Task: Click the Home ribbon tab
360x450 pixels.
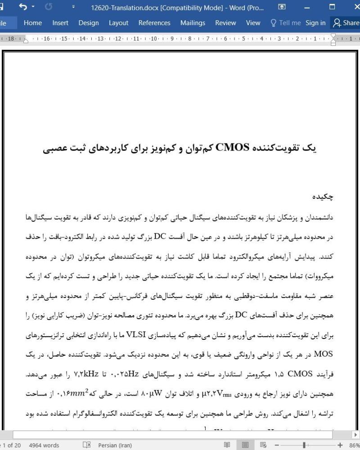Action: coord(33,22)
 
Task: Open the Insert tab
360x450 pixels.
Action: coord(60,22)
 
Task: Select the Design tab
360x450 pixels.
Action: coord(89,22)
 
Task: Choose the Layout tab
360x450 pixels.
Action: coord(118,22)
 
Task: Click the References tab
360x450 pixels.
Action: coord(154,22)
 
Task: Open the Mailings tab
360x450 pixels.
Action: coord(193,22)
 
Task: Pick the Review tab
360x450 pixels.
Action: coord(225,22)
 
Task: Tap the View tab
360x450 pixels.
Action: coord(253,22)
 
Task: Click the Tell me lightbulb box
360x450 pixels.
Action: coord(285,22)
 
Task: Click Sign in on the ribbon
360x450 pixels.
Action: coord(315,22)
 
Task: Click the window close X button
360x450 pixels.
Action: coord(352,7)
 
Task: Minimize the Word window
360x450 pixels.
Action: coord(307,7)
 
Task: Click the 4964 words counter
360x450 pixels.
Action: coord(44,445)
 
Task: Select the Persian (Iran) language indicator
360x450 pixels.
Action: coord(115,445)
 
